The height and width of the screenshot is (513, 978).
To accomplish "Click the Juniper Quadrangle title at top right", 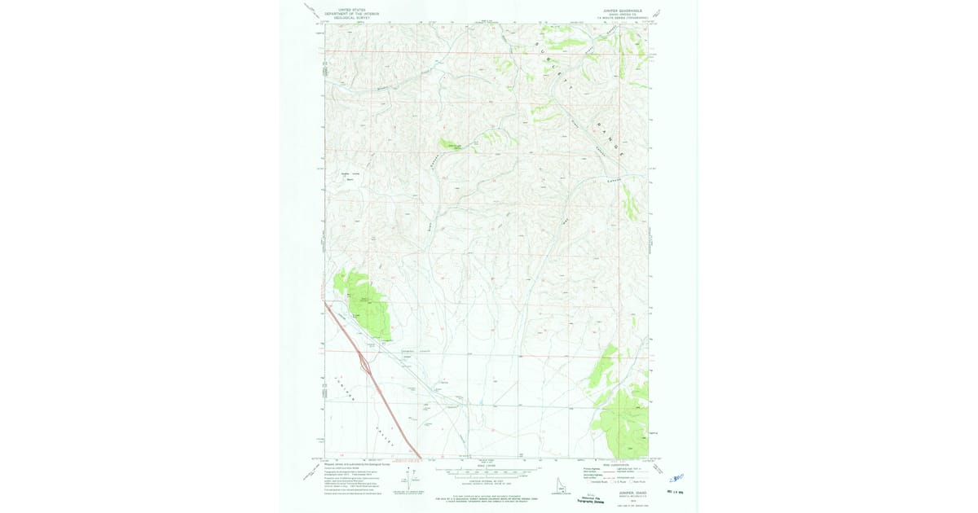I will point(623,11).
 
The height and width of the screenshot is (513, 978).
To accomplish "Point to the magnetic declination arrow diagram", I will point(408,476).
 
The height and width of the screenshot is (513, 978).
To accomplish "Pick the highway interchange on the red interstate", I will point(364,365).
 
